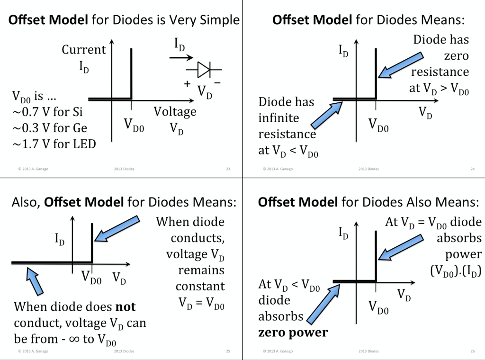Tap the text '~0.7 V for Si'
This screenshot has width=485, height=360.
pyautogui.click(x=47, y=112)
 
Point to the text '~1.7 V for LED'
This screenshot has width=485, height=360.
pyautogui.click(x=54, y=144)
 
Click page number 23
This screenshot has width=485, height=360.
pyautogui.click(x=228, y=169)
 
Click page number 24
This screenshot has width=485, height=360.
pyautogui.click(x=472, y=169)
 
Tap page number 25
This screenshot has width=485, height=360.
pyautogui.click(x=228, y=351)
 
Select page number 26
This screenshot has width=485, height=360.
pyautogui.click(x=472, y=351)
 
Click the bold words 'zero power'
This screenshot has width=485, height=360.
pyautogui.click(x=293, y=333)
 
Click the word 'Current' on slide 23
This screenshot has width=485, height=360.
pyautogui.click(x=84, y=50)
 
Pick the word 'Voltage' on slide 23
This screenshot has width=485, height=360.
pyautogui.click(x=175, y=112)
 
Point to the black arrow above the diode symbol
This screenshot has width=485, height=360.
pyautogui.click(x=180, y=57)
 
